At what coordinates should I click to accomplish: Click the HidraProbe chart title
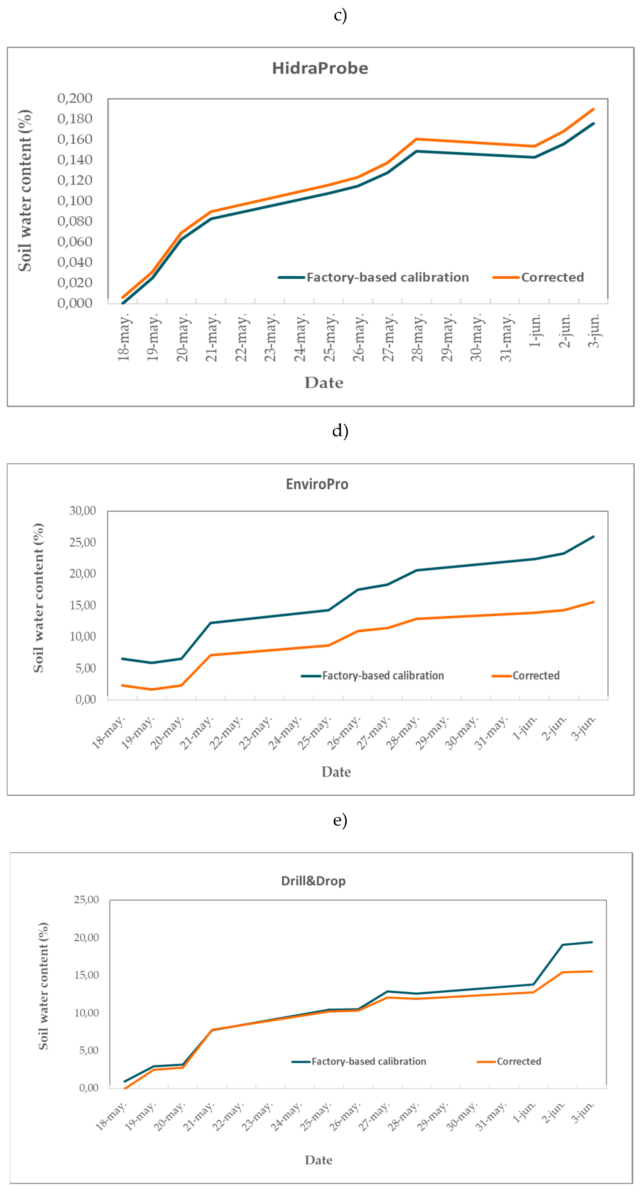pos(320,68)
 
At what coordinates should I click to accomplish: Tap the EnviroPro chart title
pos(317,484)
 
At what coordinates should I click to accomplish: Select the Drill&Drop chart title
pos(313,881)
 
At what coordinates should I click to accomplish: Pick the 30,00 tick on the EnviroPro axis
pos(82,511)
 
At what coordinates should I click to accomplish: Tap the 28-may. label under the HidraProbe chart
pos(418,338)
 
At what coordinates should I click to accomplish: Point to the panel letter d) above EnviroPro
pos(340,430)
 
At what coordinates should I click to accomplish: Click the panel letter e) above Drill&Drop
pos(340,820)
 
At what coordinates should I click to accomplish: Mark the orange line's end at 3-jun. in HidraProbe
pos(593,109)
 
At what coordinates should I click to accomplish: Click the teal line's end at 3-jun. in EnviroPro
pos(593,537)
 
